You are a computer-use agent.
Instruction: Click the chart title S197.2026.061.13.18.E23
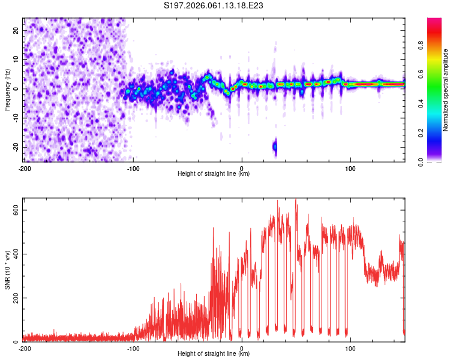coord(214,5)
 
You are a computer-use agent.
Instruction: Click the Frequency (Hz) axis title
coord(7,89)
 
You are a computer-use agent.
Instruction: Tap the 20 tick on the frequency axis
coord(16,30)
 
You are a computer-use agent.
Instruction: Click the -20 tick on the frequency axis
coord(15,147)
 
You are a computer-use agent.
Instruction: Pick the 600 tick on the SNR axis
coord(14,209)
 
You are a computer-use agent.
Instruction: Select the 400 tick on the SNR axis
coord(14,254)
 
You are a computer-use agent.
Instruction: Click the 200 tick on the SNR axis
coord(14,298)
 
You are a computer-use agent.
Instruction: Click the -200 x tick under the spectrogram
coord(25,169)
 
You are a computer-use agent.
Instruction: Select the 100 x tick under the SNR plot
coord(350,349)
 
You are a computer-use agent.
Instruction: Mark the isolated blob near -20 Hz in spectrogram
coord(275,146)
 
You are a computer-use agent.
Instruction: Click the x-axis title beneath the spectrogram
coord(214,174)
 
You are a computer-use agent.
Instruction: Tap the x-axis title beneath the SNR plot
coord(214,354)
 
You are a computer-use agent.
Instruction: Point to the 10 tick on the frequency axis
coord(16,59)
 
